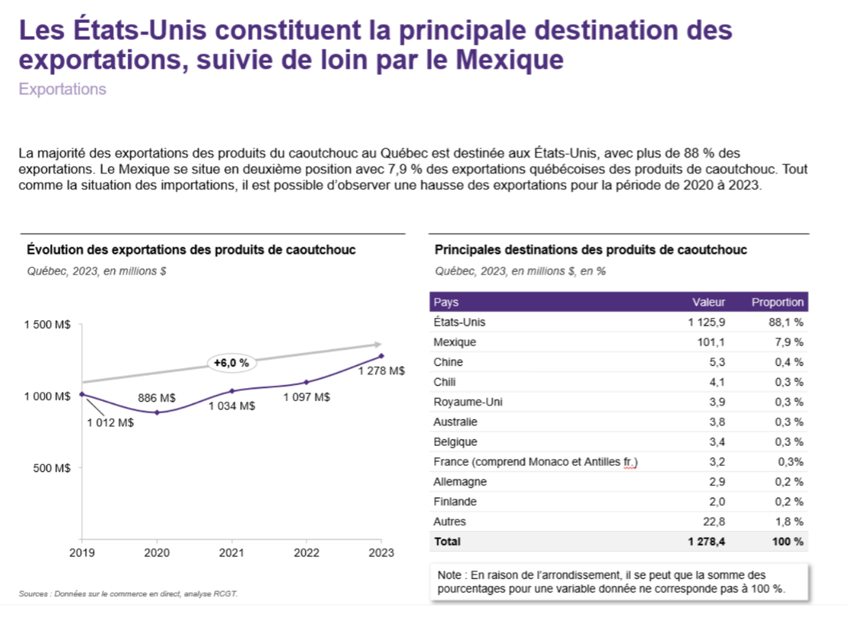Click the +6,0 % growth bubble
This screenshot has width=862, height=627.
click(x=232, y=363)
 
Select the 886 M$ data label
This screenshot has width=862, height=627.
click(x=157, y=397)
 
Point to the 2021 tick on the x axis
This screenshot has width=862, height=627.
click(x=232, y=553)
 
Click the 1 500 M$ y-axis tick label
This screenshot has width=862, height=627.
click(x=47, y=325)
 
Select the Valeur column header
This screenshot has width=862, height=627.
click(x=708, y=302)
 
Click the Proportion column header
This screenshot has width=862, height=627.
click(x=778, y=302)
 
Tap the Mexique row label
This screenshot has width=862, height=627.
click(x=455, y=342)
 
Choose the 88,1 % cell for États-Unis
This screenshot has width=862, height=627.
click(x=786, y=323)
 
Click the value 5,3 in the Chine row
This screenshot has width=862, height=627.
click(x=717, y=362)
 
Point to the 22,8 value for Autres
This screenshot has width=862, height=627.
click(x=714, y=521)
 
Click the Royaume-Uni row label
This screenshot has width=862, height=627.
click(x=467, y=402)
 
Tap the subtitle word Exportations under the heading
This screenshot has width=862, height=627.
click(x=62, y=90)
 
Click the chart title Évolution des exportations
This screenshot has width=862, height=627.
click(x=191, y=250)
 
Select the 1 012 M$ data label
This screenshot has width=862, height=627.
click(x=110, y=423)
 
